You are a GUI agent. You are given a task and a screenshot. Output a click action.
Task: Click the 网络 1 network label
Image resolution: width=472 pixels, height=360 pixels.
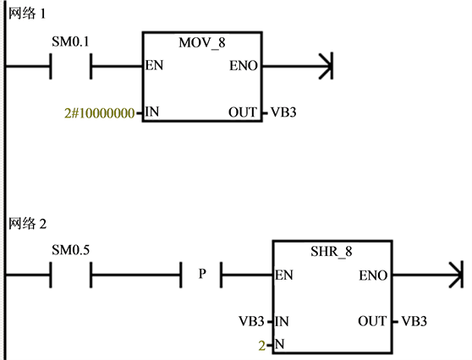[x=27, y=14]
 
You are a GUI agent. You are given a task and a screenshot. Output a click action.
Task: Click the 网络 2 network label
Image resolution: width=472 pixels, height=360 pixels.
[x=27, y=224]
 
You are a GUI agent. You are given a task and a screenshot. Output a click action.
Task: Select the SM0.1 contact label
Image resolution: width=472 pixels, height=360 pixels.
[x=70, y=41]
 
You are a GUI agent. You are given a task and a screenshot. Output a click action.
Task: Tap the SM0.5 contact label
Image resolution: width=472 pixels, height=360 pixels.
[x=70, y=250]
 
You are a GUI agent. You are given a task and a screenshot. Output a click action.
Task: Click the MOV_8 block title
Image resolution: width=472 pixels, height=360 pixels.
[x=202, y=43]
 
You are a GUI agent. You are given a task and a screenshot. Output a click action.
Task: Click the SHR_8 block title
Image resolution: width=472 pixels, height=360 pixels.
[x=331, y=252]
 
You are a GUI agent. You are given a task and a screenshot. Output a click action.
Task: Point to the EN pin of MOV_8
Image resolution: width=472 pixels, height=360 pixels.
[x=154, y=65]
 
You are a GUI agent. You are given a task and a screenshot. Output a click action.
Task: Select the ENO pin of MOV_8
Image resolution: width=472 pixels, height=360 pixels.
[x=244, y=66]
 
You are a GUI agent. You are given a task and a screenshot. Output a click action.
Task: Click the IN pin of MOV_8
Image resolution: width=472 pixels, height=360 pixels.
[x=152, y=112]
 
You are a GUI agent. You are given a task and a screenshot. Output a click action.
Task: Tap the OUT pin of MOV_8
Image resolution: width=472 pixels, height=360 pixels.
[x=243, y=112]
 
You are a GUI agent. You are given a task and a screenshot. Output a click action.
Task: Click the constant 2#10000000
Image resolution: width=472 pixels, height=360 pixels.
[x=99, y=113]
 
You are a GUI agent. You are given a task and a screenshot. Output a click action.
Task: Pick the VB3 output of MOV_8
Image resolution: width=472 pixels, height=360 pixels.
[x=283, y=112]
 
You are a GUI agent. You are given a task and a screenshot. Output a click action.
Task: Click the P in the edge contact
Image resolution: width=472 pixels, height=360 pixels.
[x=202, y=274]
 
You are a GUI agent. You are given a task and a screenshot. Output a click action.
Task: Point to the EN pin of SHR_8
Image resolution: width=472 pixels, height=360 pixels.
[x=284, y=275]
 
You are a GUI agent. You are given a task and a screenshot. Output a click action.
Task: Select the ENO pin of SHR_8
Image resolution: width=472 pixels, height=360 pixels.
[x=373, y=275]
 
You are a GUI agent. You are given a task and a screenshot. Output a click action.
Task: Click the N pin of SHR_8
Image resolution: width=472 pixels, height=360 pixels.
[x=280, y=344]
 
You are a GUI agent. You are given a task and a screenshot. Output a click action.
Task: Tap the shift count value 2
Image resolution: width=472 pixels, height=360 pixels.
[x=262, y=346]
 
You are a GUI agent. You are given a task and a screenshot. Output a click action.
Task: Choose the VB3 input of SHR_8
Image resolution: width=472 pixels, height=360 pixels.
[x=252, y=321]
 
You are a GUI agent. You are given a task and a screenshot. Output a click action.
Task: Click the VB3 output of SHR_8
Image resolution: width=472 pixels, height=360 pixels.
[x=414, y=321]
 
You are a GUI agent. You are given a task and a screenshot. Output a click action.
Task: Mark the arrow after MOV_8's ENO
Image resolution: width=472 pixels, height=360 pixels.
[x=298, y=66]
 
